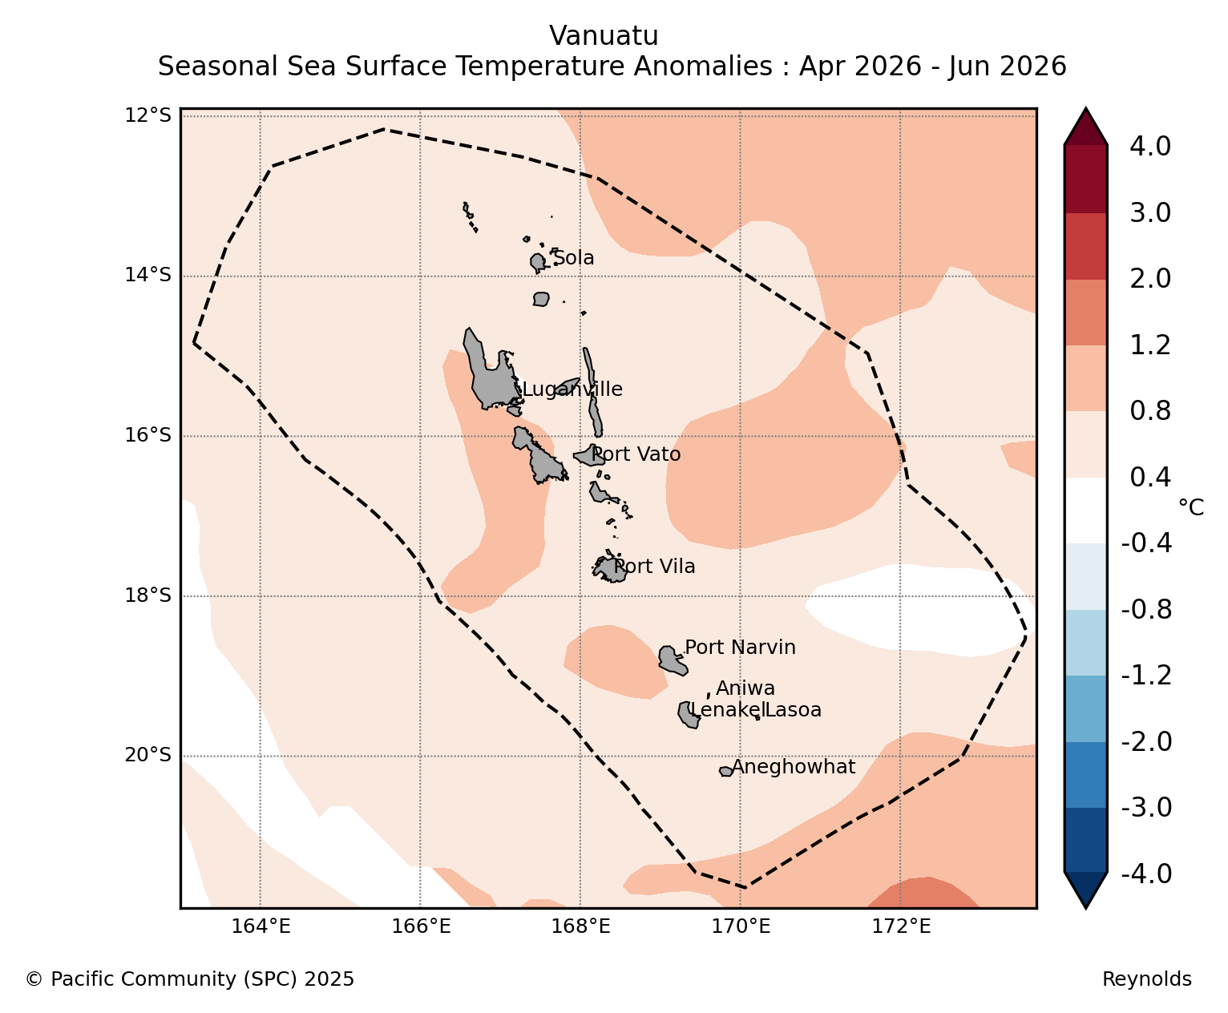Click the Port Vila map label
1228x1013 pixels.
pyautogui.click(x=654, y=567)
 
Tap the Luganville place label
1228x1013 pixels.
pyautogui.click(x=572, y=389)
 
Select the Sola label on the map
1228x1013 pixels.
pyautogui.click(x=573, y=258)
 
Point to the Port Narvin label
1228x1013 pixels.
pyautogui.click(x=740, y=648)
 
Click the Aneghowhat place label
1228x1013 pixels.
pyautogui.click(x=794, y=767)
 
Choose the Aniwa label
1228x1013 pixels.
pyautogui.click(x=745, y=688)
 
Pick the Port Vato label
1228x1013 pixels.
pyautogui.click(x=636, y=454)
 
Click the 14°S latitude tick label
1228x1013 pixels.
pyautogui.click(x=147, y=275)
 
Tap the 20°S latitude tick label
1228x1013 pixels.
pyautogui.click(x=147, y=755)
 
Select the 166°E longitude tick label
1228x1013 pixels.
pyautogui.click(x=421, y=926)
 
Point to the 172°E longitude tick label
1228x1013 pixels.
pyautogui.click(x=901, y=926)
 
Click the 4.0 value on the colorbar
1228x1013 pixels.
pyautogui.click(x=1149, y=146)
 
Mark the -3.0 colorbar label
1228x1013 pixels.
pyautogui.click(x=1146, y=807)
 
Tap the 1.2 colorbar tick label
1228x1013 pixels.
pyautogui.click(x=1149, y=345)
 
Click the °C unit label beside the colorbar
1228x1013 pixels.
pyautogui.click(x=1191, y=507)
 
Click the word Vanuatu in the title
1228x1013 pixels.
pyautogui.click(x=604, y=36)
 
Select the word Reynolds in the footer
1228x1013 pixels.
pyautogui.click(x=1147, y=979)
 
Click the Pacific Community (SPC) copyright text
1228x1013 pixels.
pyautogui.click(x=190, y=979)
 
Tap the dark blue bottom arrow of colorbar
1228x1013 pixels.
pyautogui.click(x=1085, y=890)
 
